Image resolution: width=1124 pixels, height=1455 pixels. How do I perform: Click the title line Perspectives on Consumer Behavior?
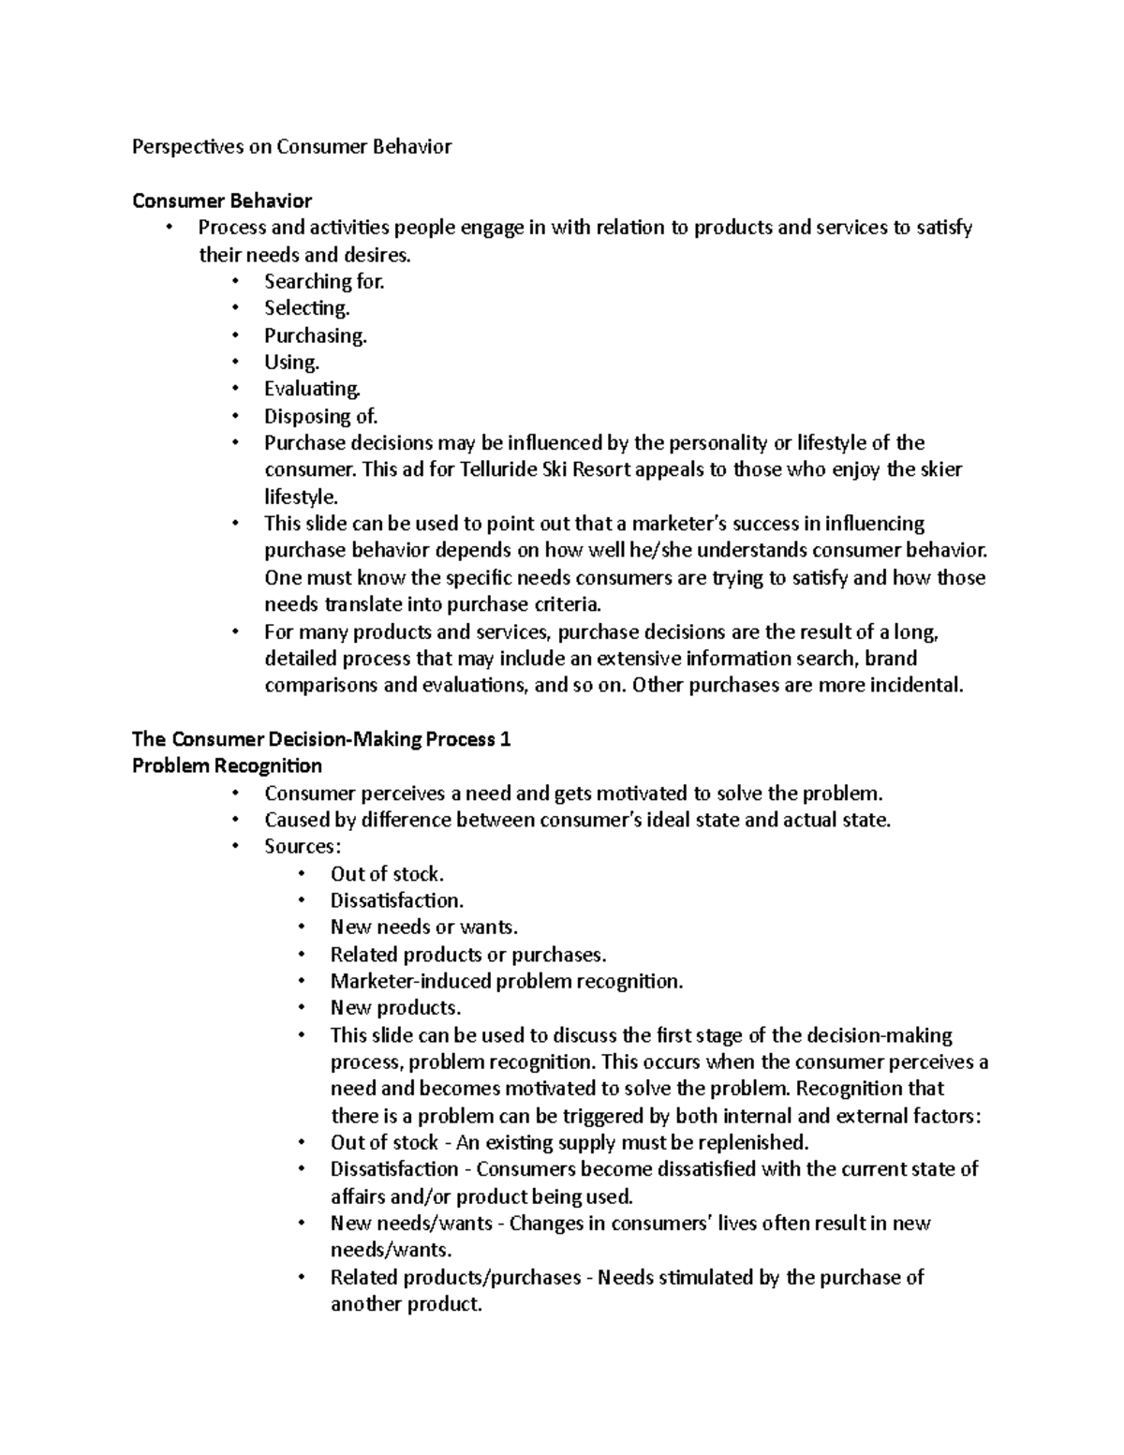pyautogui.click(x=291, y=146)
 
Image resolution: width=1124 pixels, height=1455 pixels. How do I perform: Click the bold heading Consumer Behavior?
pyautogui.click(x=222, y=200)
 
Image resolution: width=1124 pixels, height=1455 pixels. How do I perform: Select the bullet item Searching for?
pyautogui.click(x=324, y=281)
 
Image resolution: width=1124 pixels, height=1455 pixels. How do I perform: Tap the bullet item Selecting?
pyautogui.click(x=306, y=307)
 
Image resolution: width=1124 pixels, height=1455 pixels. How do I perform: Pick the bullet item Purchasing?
pyautogui.click(x=315, y=334)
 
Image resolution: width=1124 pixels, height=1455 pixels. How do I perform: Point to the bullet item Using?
pyautogui.click(x=291, y=362)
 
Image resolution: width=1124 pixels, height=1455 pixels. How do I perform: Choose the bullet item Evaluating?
pyautogui.click(x=312, y=388)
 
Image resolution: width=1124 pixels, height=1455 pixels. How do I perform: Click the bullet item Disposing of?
pyautogui.click(x=320, y=416)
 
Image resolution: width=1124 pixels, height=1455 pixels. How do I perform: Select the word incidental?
pyautogui.click(x=916, y=685)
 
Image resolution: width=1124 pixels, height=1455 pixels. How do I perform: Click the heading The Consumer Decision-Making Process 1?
pyautogui.click(x=321, y=739)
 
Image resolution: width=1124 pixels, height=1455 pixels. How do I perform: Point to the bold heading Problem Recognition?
pyautogui.click(x=227, y=766)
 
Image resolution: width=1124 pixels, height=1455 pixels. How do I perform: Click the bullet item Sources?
pyautogui.click(x=303, y=847)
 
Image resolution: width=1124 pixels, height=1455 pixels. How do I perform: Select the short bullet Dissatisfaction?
pyautogui.click(x=396, y=900)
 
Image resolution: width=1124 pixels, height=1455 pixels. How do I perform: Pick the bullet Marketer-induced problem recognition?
pyautogui.click(x=507, y=981)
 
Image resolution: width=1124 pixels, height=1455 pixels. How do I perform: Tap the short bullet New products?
pyautogui.click(x=395, y=1008)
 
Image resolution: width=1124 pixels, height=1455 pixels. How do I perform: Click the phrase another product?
pyautogui.click(x=405, y=1304)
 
